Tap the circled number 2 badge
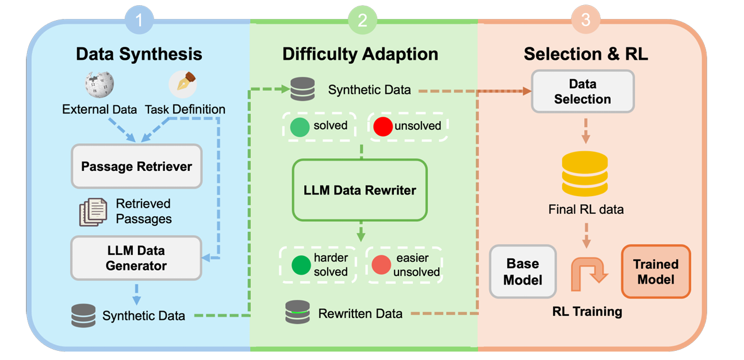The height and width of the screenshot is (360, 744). pyautogui.click(x=362, y=21)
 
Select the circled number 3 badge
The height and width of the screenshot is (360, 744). pyautogui.click(x=585, y=21)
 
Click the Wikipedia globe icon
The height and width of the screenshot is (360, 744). pyautogui.click(x=99, y=85)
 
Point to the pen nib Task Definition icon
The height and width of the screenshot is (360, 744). pyautogui.click(x=183, y=85)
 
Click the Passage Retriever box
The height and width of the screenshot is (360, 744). pyautogui.click(x=136, y=167)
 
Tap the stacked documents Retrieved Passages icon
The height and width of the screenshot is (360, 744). pyautogui.click(x=93, y=212)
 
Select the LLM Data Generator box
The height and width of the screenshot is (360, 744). pyautogui.click(x=136, y=258)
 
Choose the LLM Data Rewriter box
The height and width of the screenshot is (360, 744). pyautogui.click(x=360, y=190)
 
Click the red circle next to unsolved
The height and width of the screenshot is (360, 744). pyautogui.click(x=382, y=125)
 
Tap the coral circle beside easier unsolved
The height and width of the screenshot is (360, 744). pyautogui.click(x=381, y=265)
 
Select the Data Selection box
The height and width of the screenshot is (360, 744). pyautogui.click(x=582, y=91)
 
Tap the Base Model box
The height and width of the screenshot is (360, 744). pyautogui.click(x=523, y=272)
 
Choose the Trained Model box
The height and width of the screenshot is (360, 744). pyautogui.click(x=655, y=272)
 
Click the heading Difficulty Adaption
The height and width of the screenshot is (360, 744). pyautogui.click(x=360, y=54)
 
